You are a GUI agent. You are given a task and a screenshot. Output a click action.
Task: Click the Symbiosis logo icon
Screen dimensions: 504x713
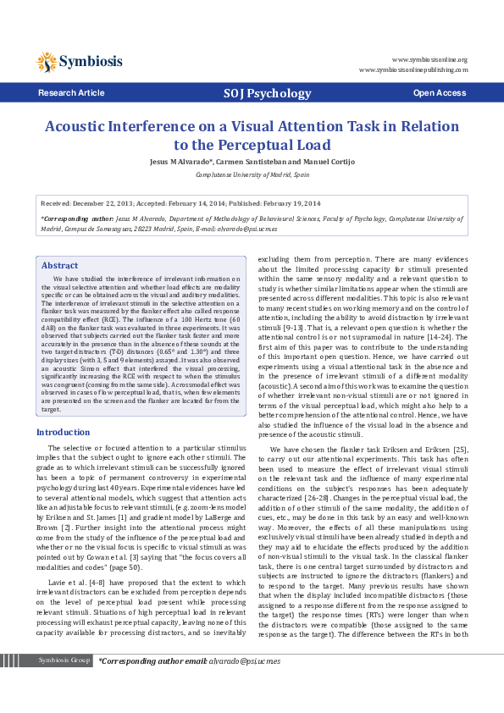(x=46, y=60)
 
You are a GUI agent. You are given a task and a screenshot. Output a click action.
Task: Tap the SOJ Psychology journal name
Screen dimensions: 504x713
(x=267, y=93)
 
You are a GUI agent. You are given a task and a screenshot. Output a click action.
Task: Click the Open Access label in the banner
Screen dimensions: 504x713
(x=439, y=92)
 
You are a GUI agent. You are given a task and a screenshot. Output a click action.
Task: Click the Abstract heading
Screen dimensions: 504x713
(x=59, y=265)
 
